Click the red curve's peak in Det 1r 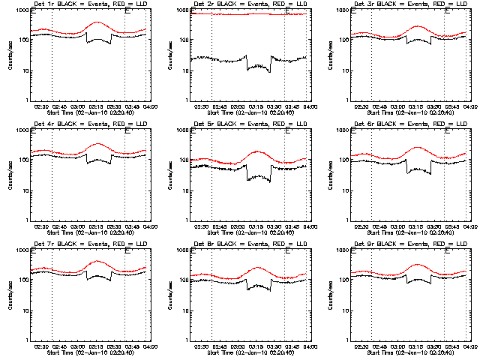click(x=97, y=22)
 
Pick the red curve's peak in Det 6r click(x=418, y=148)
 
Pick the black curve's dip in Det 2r click(x=259, y=69)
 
